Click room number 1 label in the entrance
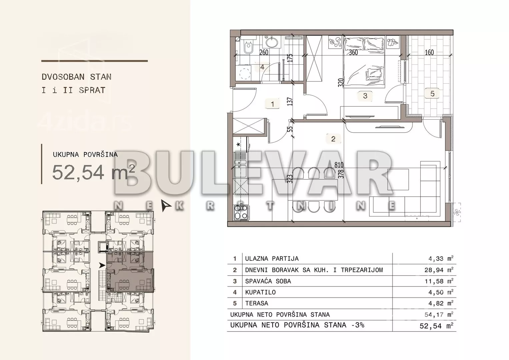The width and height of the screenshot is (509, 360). pyautogui.click(x=272, y=104)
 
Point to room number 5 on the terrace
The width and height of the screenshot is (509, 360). pyautogui.click(x=432, y=94)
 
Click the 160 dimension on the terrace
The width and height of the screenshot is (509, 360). pyautogui.click(x=429, y=53)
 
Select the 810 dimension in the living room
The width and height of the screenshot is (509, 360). pyautogui.click(x=339, y=165)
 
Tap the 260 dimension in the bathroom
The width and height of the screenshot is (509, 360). pyautogui.click(x=264, y=53)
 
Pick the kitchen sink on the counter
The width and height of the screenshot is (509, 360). pyautogui.click(x=240, y=165)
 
